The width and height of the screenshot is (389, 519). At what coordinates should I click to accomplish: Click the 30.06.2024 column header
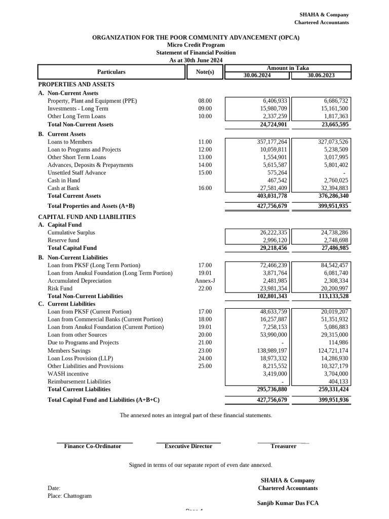[257, 76]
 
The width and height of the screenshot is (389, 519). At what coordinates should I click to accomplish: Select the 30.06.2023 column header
[321, 76]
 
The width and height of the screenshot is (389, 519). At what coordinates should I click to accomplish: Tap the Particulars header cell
[111, 72]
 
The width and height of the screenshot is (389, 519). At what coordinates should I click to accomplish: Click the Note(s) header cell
[205, 72]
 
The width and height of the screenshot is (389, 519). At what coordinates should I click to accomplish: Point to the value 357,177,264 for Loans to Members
[272, 142]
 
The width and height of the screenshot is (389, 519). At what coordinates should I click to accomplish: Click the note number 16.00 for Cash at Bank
[205, 188]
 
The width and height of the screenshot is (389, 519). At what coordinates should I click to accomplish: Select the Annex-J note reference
[205, 281]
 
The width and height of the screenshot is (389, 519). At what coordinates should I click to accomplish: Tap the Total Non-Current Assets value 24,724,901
[274, 124]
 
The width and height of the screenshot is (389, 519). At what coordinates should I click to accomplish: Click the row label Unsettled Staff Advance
[77, 173]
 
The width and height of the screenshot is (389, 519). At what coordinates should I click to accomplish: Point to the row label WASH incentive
[68, 374]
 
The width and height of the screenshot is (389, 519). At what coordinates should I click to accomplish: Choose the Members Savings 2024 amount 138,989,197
[272, 351]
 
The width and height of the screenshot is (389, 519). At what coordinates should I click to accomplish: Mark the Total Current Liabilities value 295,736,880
[272, 389]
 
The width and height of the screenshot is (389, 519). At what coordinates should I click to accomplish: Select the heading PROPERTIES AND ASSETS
[76, 84]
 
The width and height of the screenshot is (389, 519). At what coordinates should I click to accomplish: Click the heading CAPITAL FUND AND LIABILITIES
[87, 217]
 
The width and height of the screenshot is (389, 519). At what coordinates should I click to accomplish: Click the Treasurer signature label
[283, 446]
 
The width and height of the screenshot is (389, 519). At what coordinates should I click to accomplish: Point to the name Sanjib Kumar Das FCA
[288, 503]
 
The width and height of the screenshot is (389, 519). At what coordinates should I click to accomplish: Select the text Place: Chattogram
[70, 496]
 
